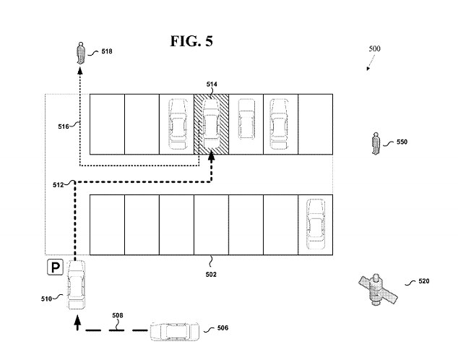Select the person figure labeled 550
tap(375, 142)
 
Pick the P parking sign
tap(55, 268)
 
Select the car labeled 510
tap(76, 286)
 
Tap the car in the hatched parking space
tap(211, 122)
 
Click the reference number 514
tap(211, 85)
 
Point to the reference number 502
tap(211, 274)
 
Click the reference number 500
tap(374, 49)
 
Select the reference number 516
tap(64, 127)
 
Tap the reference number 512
tap(59, 184)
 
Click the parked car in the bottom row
tap(315, 224)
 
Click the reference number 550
tap(402, 142)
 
